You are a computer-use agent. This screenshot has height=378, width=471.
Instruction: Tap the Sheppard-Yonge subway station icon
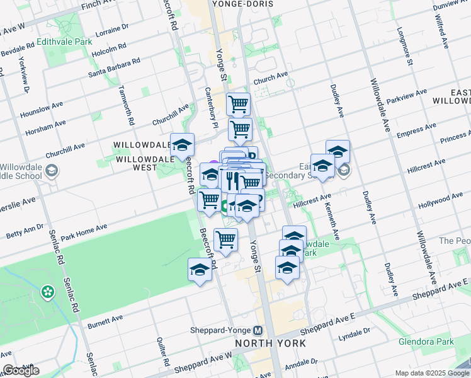coord(258,330)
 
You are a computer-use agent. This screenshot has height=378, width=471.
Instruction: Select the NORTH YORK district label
coord(271,343)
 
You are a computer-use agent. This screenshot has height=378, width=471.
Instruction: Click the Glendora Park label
coord(426,342)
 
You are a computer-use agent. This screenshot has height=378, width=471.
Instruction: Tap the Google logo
coord(21,371)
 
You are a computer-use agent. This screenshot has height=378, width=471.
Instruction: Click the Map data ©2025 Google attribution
coord(431,373)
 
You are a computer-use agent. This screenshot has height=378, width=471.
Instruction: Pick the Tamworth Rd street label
coord(127,105)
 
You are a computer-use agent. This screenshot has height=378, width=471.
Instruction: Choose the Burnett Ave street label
coord(106,321)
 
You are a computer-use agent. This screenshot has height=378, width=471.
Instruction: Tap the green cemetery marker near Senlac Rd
coord(47,292)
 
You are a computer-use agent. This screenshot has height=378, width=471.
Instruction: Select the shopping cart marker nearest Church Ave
coord(238,103)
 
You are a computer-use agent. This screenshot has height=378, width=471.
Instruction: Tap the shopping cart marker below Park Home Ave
coord(225,239)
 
